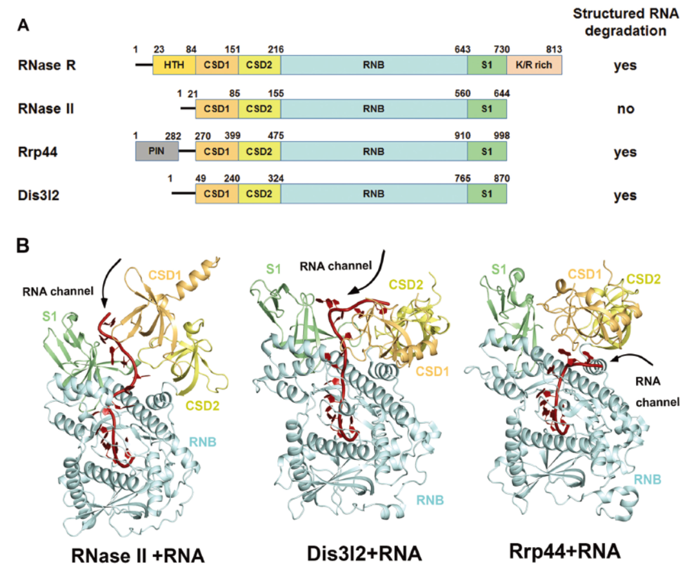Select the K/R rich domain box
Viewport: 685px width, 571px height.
pyautogui.click(x=534, y=66)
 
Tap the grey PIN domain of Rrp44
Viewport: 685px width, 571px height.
pyautogui.click(x=157, y=152)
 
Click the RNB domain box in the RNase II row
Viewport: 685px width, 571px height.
pyautogui.click(x=373, y=108)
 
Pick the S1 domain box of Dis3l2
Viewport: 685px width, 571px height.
pyautogui.click(x=487, y=195)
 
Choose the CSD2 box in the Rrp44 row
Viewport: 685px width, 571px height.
pyautogui.click(x=259, y=152)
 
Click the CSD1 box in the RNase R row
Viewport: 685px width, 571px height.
pyautogui.click(x=217, y=66)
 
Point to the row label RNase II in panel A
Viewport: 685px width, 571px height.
pyautogui.click(x=46, y=108)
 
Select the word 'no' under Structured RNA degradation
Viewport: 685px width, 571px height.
pyautogui.click(x=625, y=109)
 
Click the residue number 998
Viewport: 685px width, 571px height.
pyautogui.click(x=500, y=135)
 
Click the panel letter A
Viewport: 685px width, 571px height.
pyautogui.click(x=23, y=25)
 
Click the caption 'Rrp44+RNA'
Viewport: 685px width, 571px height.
pyautogui.click(x=565, y=552)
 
